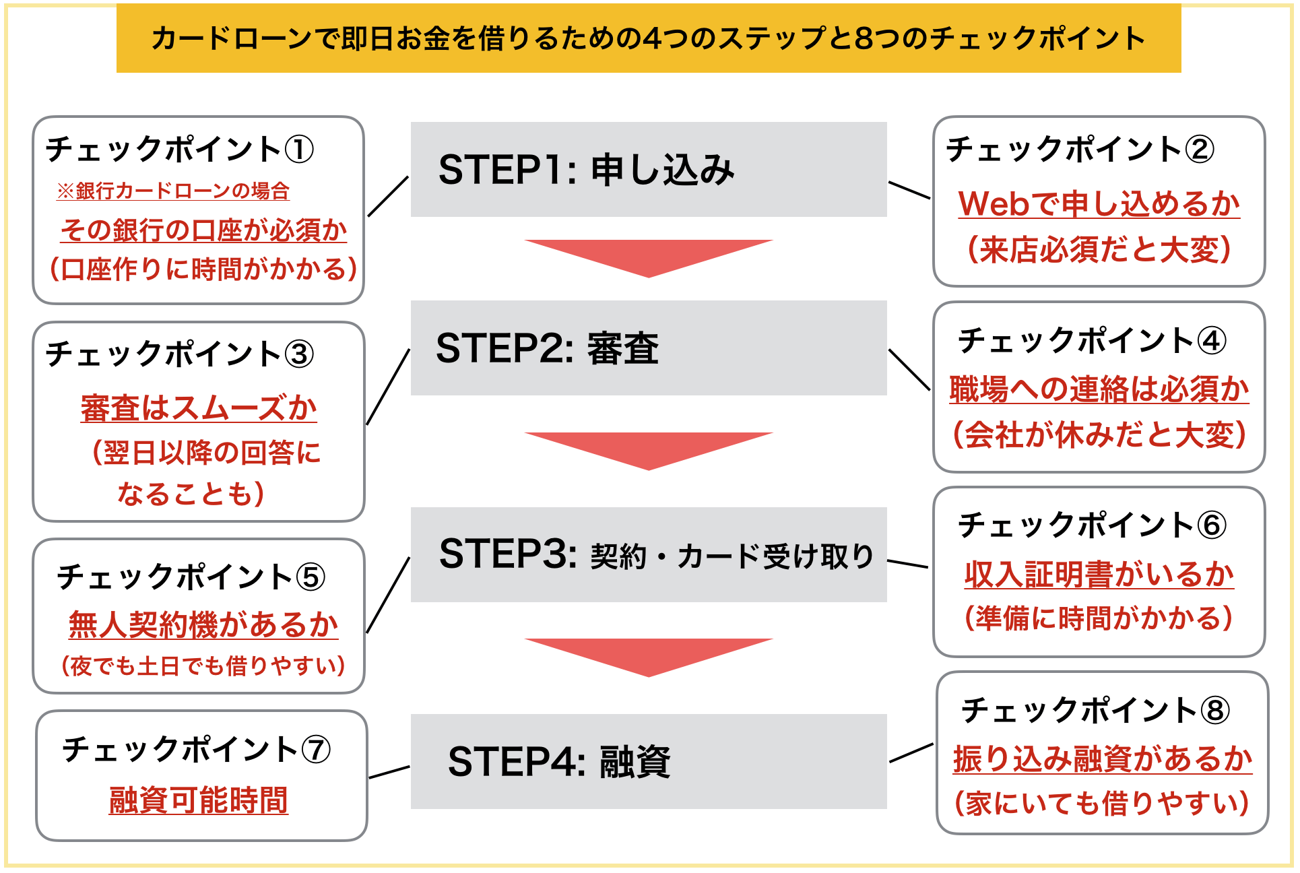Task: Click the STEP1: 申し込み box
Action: click(649, 169)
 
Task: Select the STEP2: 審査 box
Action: click(649, 348)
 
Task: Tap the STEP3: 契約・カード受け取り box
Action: click(649, 554)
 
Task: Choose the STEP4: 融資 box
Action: click(649, 761)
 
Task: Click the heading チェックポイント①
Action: click(180, 149)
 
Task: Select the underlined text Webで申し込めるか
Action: click(1099, 203)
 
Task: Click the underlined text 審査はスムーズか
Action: click(199, 408)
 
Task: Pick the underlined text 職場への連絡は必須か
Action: click(1099, 389)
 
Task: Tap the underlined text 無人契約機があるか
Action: click(203, 624)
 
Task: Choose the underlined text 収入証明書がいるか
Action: click(1099, 574)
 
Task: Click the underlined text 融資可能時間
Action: click(199, 800)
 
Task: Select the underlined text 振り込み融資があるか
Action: click(1103, 758)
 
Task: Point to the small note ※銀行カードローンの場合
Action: click(173, 191)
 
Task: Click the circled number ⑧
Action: click(1216, 711)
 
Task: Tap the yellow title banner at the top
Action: click(649, 38)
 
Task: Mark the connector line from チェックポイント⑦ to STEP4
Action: click(389, 772)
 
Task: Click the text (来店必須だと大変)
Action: click(1099, 249)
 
